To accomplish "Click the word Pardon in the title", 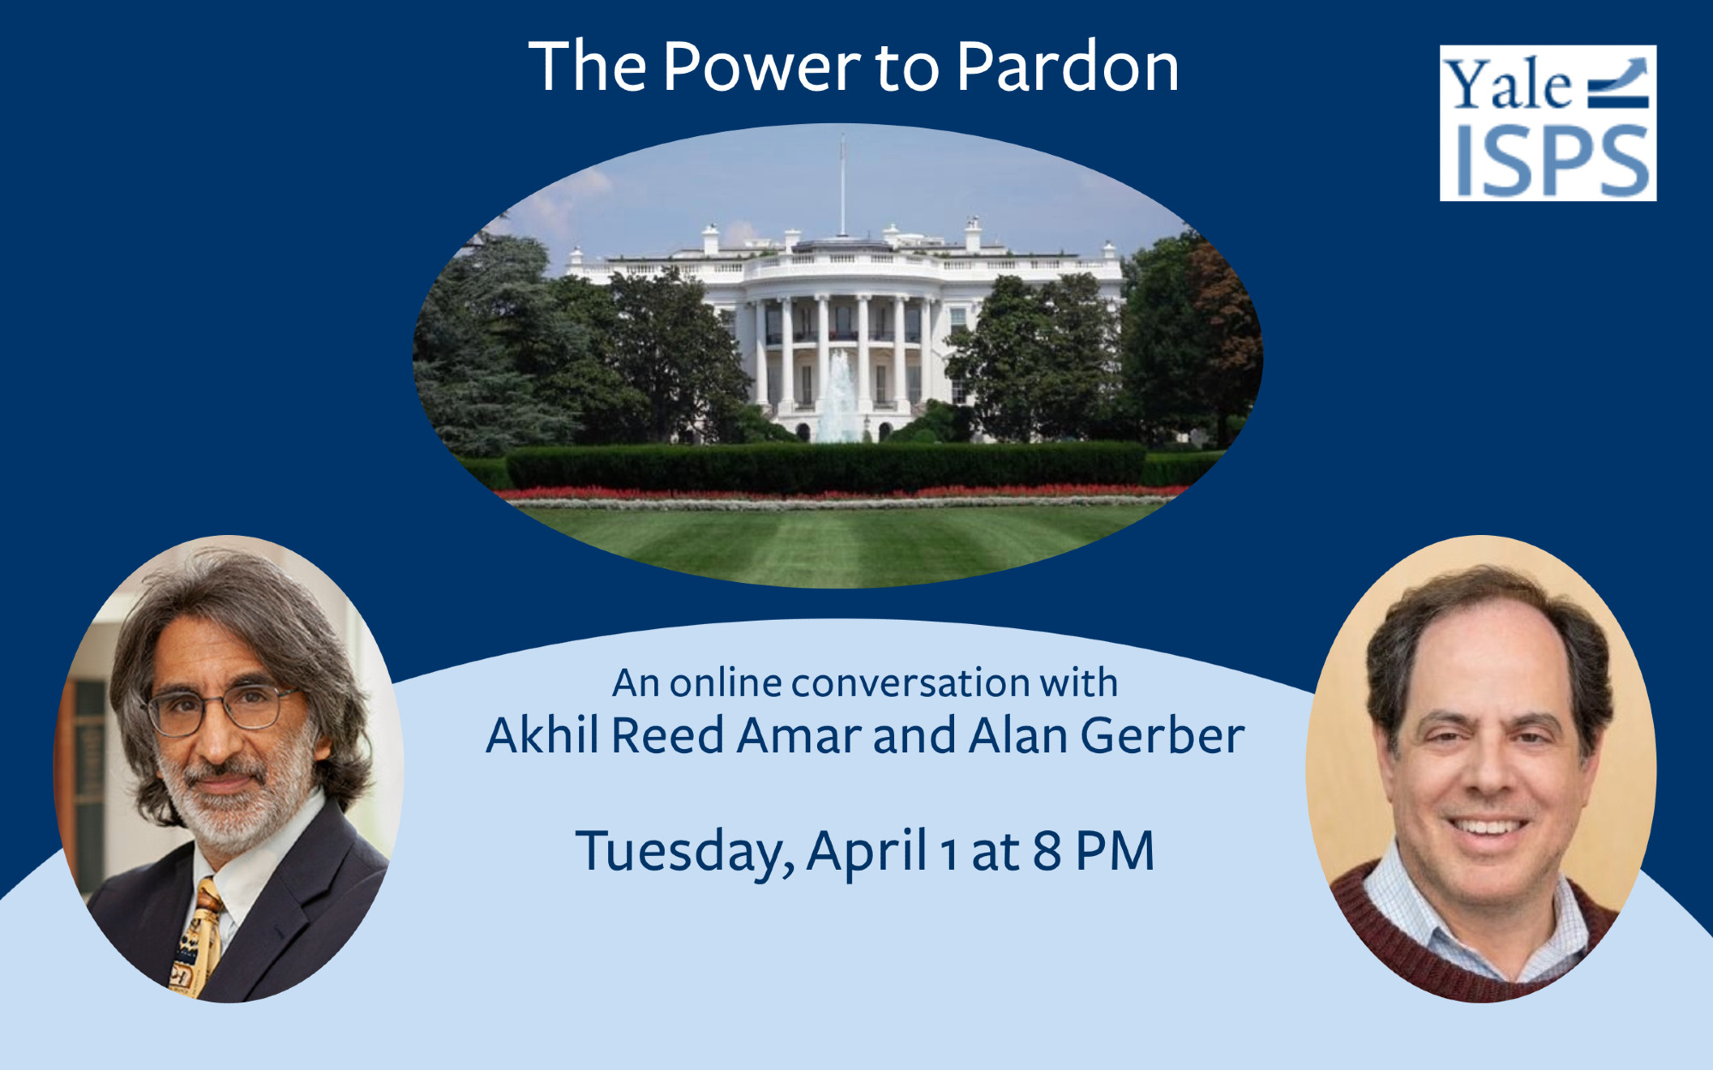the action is [1068, 66].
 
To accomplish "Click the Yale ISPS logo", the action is [1548, 123].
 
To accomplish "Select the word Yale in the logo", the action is [1508, 85].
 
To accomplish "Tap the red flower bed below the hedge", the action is [839, 492].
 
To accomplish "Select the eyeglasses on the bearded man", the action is [223, 709].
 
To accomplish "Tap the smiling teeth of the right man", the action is [1487, 828].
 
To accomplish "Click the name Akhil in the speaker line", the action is [542, 735].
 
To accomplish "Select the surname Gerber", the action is [1162, 735].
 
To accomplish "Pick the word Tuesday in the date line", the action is [684, 853].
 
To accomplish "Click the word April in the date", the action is [867, 853].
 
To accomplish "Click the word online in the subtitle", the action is [725, 683].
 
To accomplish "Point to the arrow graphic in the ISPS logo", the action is [1618, 82].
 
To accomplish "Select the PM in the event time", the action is [1115, 851].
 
